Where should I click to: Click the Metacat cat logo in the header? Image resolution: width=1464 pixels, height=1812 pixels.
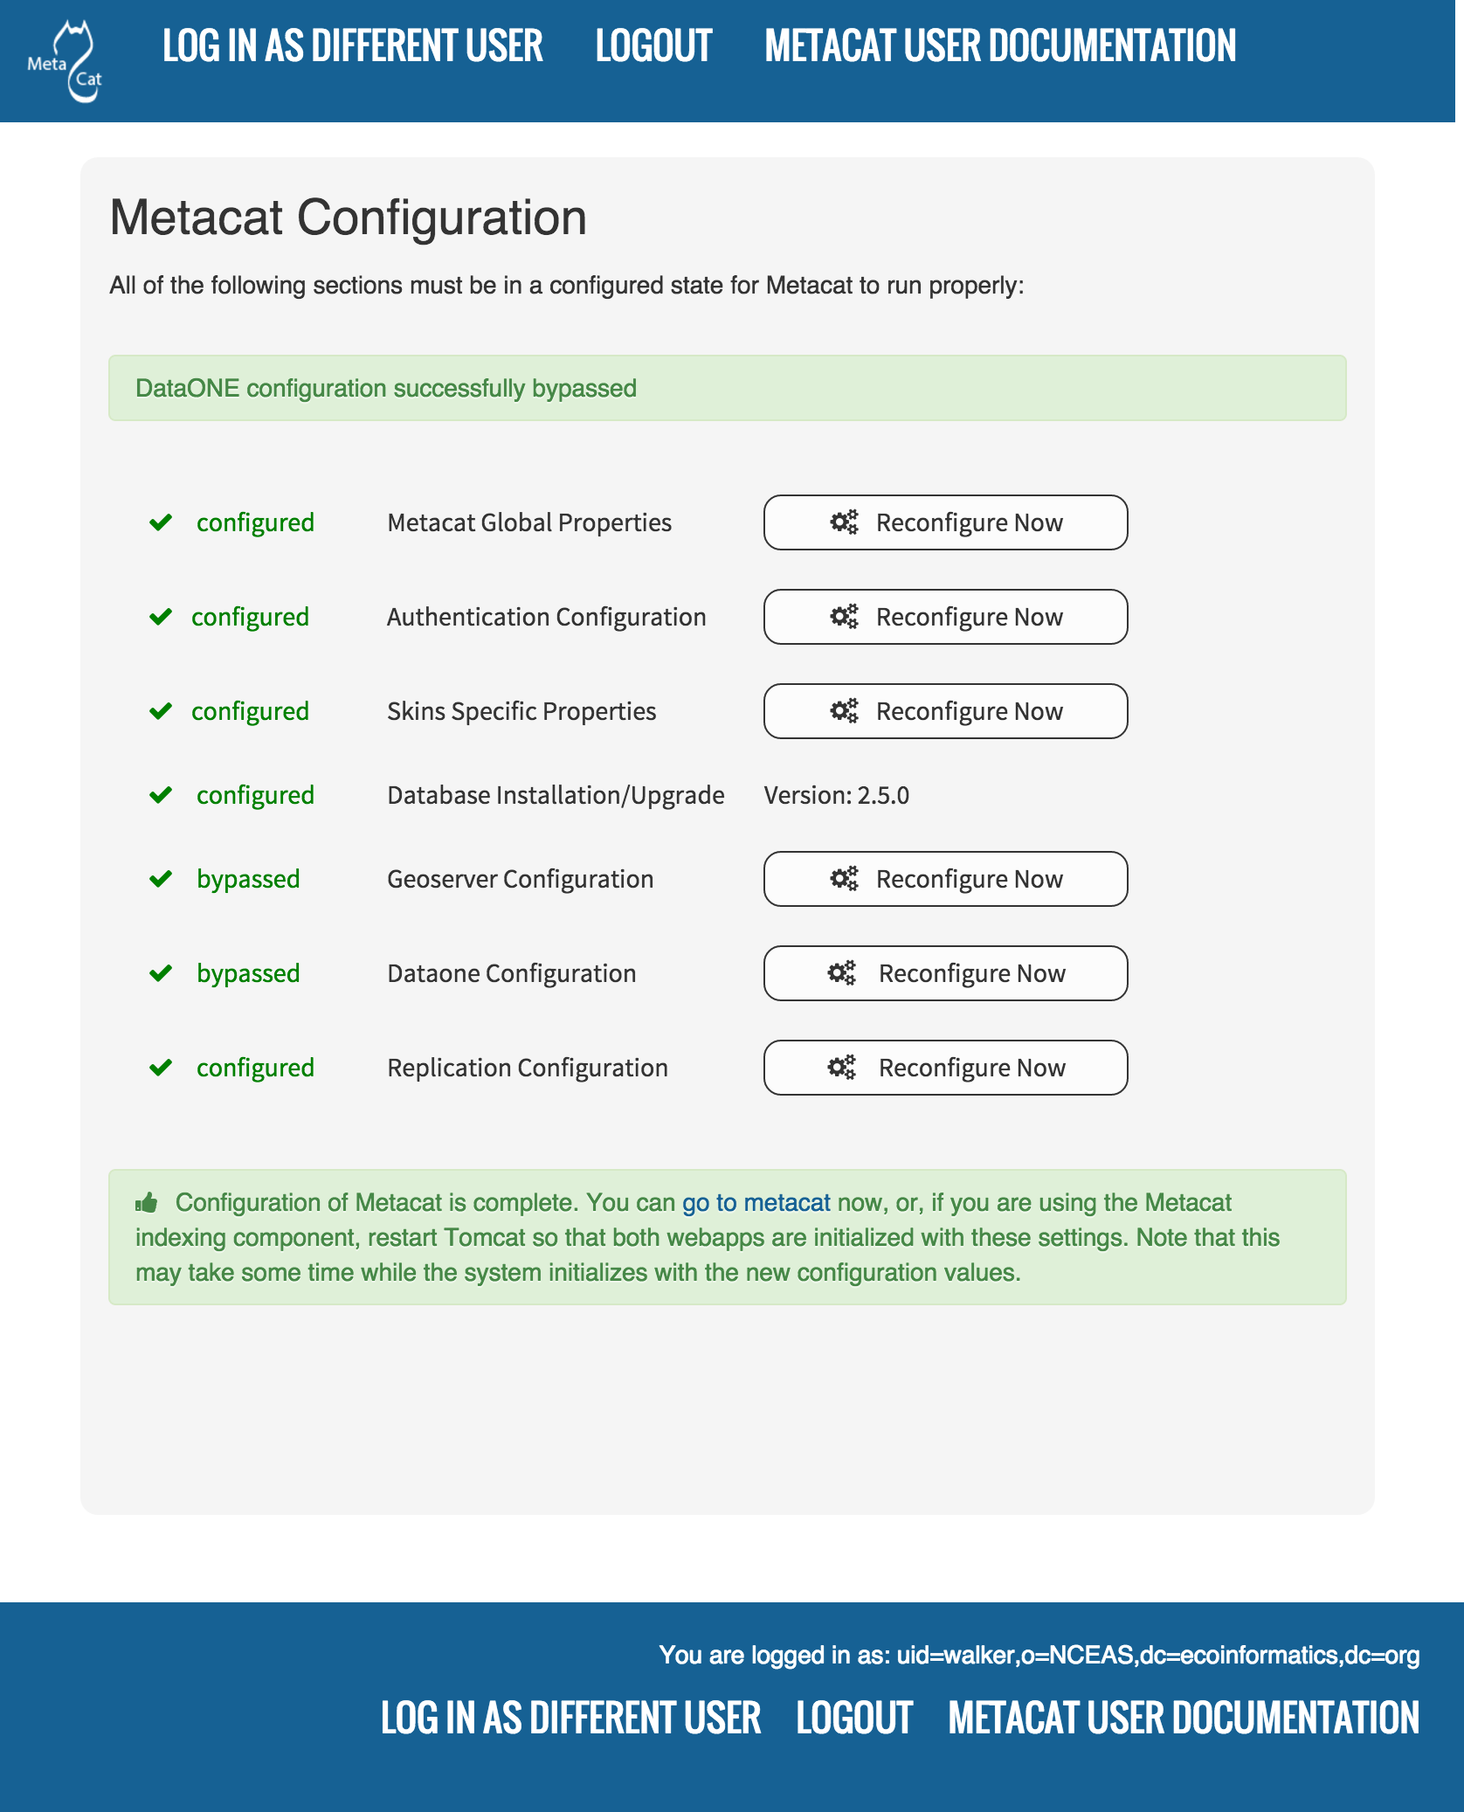pyautogui.click(x=66, y=61)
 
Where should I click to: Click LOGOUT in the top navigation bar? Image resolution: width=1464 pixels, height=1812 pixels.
pyautogui.click(x=653, y=46)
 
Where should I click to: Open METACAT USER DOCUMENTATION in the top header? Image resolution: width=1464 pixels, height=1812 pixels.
pyautogui.click(x=1000, y=46)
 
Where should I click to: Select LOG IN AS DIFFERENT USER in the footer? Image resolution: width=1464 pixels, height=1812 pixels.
pyautogui.click(x=570, y=1718)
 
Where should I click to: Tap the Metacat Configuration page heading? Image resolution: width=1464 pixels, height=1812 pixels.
pyautogui.click(x=348, y=218)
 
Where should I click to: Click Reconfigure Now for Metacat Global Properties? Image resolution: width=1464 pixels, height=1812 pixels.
pyautogui.click(x=945, y=522)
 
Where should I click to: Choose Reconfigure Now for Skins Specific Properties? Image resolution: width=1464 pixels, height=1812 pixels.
pyautogui.click(x=945, y=711)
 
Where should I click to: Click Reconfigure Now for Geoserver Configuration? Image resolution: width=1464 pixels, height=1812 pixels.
pyautogui.click(x=945, y=879)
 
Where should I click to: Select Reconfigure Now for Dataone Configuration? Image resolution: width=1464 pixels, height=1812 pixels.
pyautogui.click(x=945, y=973)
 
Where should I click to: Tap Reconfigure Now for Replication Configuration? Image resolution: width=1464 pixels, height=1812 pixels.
pyautogui.click(x=945, y=1068)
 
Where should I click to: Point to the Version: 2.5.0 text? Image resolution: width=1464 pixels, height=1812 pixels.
pyautogui.click(x=836, y=795)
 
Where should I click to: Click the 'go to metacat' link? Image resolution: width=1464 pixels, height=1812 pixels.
pyautogui.click(x=756, y=1203)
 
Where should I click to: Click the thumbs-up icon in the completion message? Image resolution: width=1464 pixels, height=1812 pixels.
pyautogui.click(x=147, y=1203)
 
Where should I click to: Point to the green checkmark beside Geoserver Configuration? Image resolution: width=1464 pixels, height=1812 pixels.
pyautogui.click(x=161, y=879)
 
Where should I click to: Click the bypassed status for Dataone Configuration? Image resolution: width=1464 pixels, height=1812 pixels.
pyautogui.click(x=248, y=973)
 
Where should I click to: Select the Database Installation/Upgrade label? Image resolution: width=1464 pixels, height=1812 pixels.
pyautogui.click(x=556, y=795)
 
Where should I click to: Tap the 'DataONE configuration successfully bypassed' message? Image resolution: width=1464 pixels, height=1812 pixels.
pyautogui.click(x=385, y=388)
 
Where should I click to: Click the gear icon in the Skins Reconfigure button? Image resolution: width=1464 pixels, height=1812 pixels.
pyautogui.click(x=844, y=711)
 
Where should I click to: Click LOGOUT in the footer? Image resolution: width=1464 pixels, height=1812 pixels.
pyautogui.click(x=854, y=1718)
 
